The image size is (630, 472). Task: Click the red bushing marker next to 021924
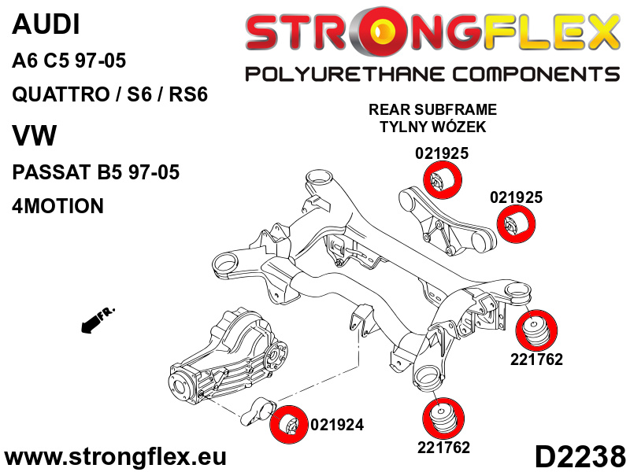tap(287, 424)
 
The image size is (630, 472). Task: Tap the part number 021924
tap(337, 425)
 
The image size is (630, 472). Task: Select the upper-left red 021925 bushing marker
tap(443, 180)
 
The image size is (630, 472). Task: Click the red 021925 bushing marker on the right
tap(517, 224)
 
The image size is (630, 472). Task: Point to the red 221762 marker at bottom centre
tap(443, 419)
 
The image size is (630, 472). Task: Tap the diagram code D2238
tap(580, 456)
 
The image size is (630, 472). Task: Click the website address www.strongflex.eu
tap(115, 456)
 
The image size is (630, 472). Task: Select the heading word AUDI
tap(46, 24)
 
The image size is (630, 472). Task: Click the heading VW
tap(35, 135)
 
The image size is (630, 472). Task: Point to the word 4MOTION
tap(57, 205)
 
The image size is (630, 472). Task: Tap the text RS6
tap(188, 94)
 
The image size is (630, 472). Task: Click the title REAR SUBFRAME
tap(432, 109)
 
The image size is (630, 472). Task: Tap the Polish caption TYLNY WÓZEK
tap(432, 127)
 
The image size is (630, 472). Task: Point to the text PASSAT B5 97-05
tap(95, 171)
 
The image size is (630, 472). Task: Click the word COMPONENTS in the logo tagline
tap(536, 74)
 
